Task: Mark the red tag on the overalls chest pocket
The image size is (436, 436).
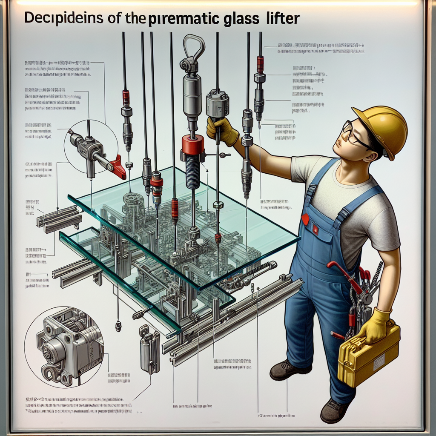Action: (x=305, y=219)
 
